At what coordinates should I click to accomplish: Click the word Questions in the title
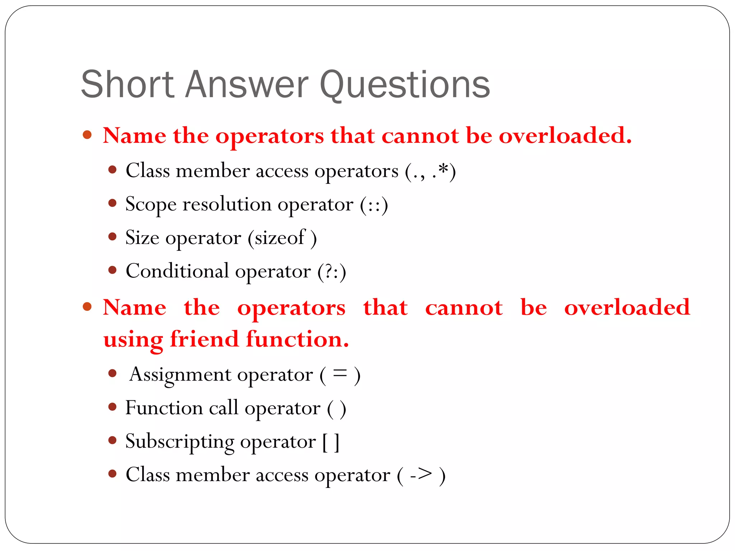[404, 85]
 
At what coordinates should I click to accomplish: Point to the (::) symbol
[374, 205]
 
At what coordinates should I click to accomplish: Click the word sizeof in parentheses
[279, 238]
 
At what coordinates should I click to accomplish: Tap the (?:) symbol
[332, 272]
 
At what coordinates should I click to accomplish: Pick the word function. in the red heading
[298, 339]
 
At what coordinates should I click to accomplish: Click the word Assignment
[181, 375]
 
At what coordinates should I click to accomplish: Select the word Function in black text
[164, 408]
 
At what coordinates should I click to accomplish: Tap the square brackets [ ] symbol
[331, 442]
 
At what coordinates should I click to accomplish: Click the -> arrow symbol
[421, 475]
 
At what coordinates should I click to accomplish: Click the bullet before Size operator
[112, 237]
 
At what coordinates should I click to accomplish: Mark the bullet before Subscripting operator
[112, 440]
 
